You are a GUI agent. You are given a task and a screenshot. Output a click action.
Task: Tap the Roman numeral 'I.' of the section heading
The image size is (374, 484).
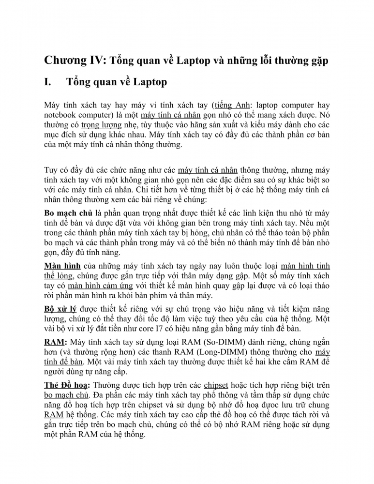click(48, 82)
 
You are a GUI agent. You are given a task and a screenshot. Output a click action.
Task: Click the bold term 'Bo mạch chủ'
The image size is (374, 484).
click(68, 213)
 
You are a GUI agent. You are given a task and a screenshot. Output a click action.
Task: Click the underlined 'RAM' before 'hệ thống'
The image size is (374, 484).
click(53, 415)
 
